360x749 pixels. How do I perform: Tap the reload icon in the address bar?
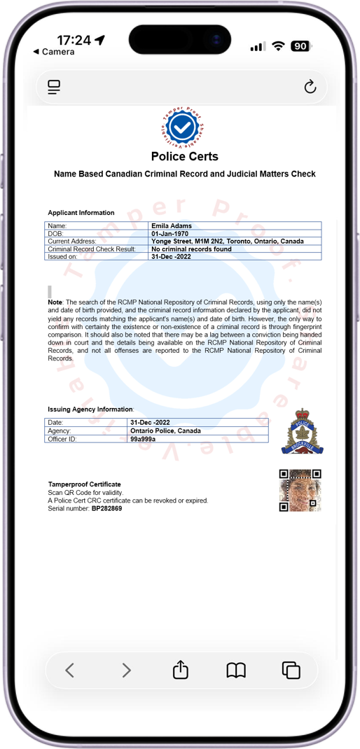[310, 87]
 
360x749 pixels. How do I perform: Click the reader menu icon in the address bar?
[54, 87]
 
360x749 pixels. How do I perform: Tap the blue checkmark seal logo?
[183, 127]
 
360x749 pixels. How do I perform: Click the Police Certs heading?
[184, 157]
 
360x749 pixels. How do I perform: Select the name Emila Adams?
[172, 225]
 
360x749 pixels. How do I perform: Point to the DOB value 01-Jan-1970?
[172, 233]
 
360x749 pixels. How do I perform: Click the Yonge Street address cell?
[227, 241]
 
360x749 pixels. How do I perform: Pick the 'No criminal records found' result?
[191, 249]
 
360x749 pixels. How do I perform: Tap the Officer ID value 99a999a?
[143, 439]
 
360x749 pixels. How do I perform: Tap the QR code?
[300, 490]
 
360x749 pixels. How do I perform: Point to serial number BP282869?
[106, 508]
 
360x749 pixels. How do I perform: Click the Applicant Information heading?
[81, 213]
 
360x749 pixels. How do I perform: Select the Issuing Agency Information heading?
[90, 409]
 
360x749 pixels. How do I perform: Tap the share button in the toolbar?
[180, 670]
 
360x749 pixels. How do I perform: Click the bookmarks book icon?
[236, 670]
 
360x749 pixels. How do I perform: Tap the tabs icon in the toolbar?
[291, 670]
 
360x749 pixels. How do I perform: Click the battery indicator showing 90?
[300, 46]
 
